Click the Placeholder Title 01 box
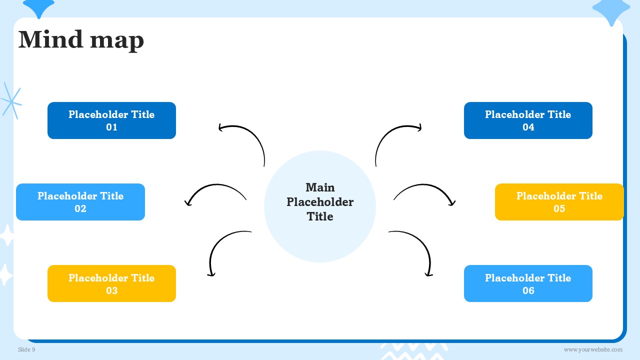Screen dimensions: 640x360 (111, 120)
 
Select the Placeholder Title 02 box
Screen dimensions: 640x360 (80, 202)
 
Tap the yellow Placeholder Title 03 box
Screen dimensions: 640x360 (111, 283)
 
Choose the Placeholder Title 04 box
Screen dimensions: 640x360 (528, 120)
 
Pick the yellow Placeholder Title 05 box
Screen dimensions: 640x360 (559, 202)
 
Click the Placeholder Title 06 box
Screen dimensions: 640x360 (528, 283)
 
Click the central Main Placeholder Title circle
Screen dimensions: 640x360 (320, 206)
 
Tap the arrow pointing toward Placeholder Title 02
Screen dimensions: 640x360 (216, 185)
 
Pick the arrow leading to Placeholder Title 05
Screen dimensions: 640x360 (423, 185)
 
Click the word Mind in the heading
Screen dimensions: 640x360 (50, 39)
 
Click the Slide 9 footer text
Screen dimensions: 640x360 (26, 349)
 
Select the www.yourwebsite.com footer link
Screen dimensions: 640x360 (593, 349)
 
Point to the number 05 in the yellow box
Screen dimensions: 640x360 (559, 208)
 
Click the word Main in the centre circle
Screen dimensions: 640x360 (320, 187)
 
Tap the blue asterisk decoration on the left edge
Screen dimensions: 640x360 (11, 101)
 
